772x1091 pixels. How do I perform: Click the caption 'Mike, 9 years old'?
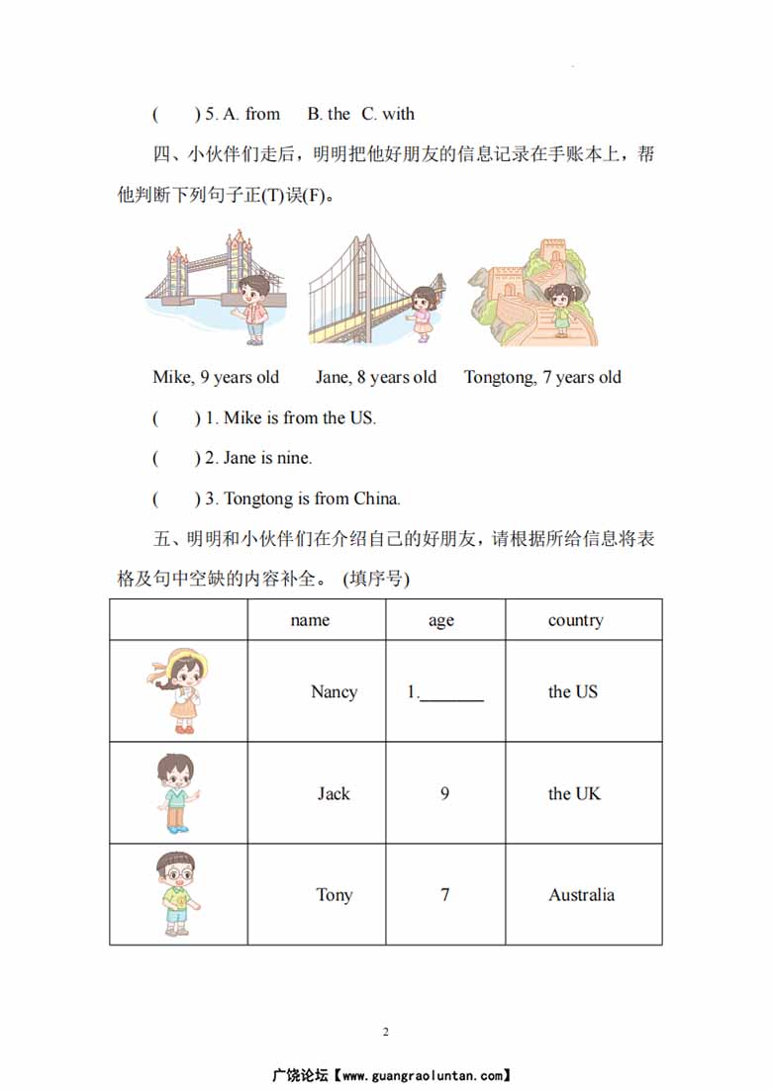tap(216, 377)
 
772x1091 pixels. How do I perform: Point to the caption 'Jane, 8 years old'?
tap(375, 377)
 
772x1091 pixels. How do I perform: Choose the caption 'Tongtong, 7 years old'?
tap(542, 377)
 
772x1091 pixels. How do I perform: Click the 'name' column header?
tap(310, 620)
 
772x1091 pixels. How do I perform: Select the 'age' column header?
tap(441, 621)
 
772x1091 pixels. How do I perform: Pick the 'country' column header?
tap(575, 620)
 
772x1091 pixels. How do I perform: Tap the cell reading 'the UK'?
tap(574, 793)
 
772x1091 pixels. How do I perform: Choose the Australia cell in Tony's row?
tap(581, 895)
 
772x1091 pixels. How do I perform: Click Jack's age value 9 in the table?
tap(444, 793)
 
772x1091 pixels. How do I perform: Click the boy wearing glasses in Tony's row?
tap(176, 893)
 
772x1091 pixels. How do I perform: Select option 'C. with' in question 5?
tap(388, 114)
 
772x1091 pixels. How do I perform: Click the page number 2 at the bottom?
tap(385, 1033)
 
